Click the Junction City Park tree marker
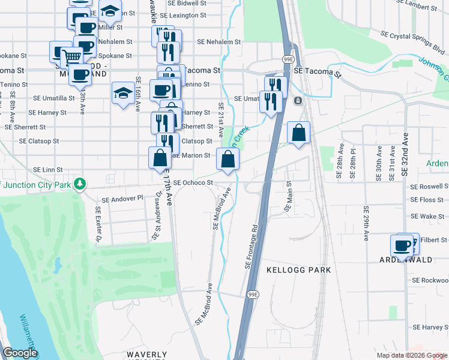(x=79, y=184)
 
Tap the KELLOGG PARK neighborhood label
(x=299, y=271)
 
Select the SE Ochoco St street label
(x=193, y=182)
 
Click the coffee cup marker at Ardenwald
(x=402, y=246)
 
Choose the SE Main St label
(x=288, y=197)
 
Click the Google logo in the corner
(x=20, y=353)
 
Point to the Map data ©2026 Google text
(x=411, y=355)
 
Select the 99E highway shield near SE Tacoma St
(x=288, y=59)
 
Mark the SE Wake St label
(x=427, y=216)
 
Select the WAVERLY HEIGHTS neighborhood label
(x=146, y=355)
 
